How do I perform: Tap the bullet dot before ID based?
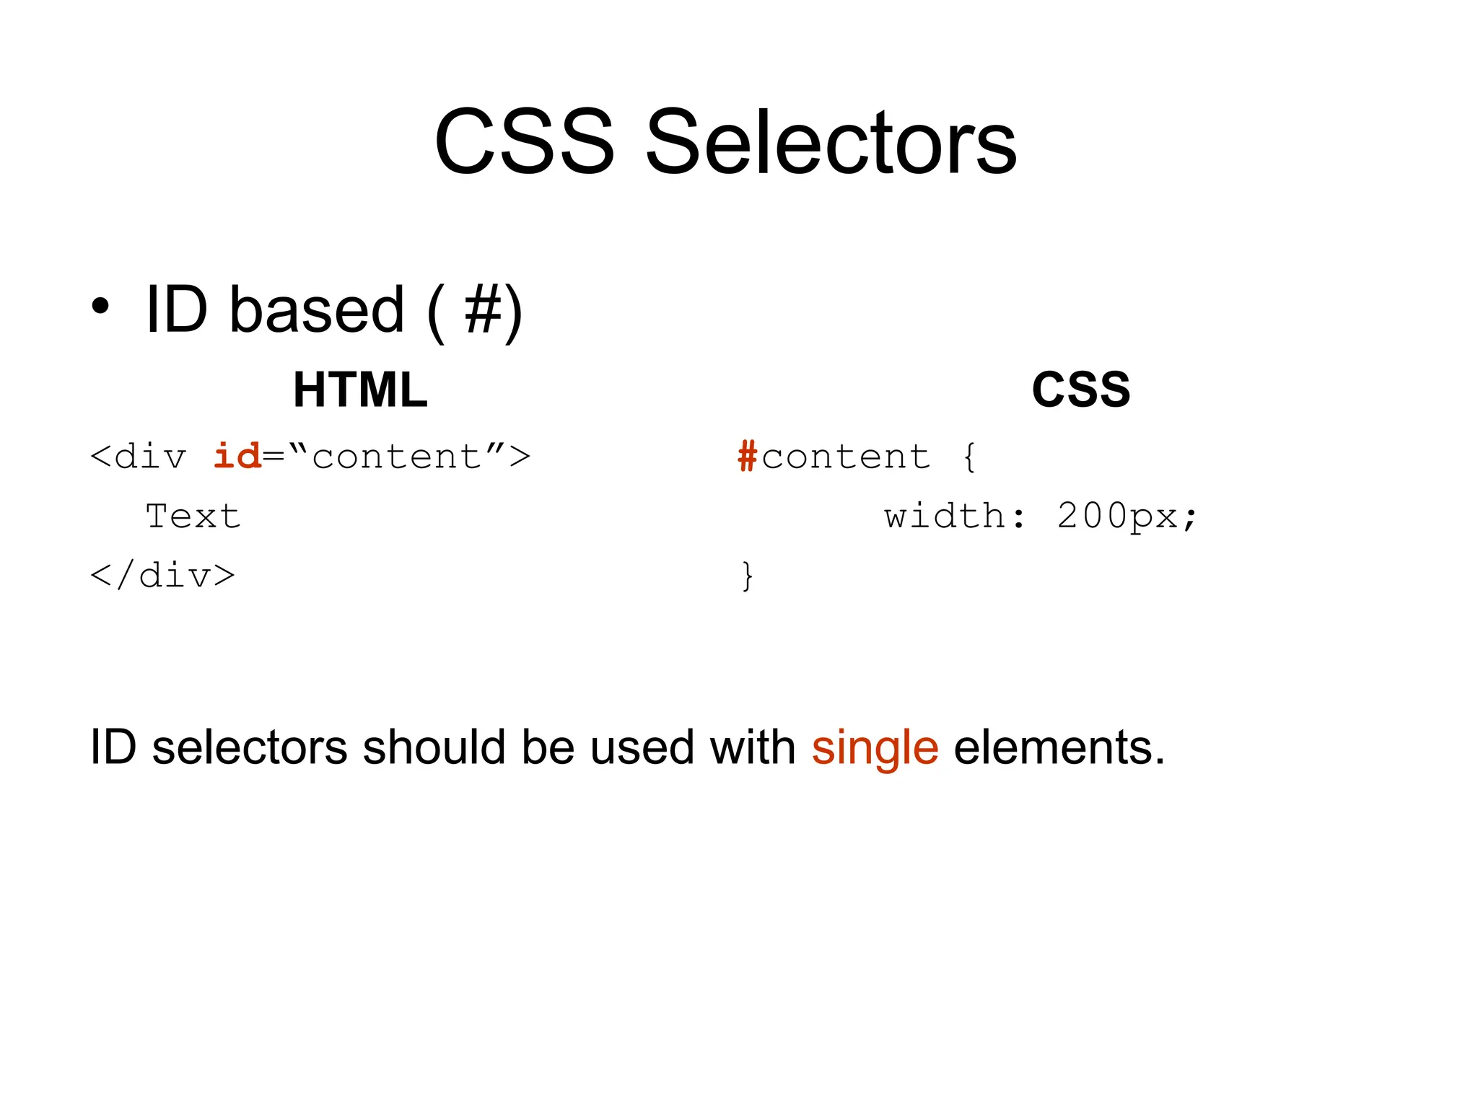pyautogui.click(x=100, y=306)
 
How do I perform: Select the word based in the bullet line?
pyautogui.click(x=317, y=310)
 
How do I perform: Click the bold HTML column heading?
pyautogui.click(x=360, y=390)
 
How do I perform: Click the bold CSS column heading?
pyautogui.click(x=1080, y=390)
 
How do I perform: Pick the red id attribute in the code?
pyautogui.click(x=237, y=456)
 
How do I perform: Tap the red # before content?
pyautogui.click(x=747, y=457)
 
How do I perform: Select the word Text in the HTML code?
pyautogui.click(x=193, y=516)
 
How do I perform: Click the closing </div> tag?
pyautogui.click(x=162, y=576)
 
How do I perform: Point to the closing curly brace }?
pyautogui.click(x=748, y=576)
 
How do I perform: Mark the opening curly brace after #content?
pyautogui.click(x=969, y=457)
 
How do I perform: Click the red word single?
pyautogui.click(x=875, y=748)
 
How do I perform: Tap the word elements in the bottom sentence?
pyautogui.click(x=1059, y=748)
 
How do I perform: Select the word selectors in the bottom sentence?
pyautogui.click(x=250, y=748)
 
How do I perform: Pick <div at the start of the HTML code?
pyautogui.click(x=138, y=457)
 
